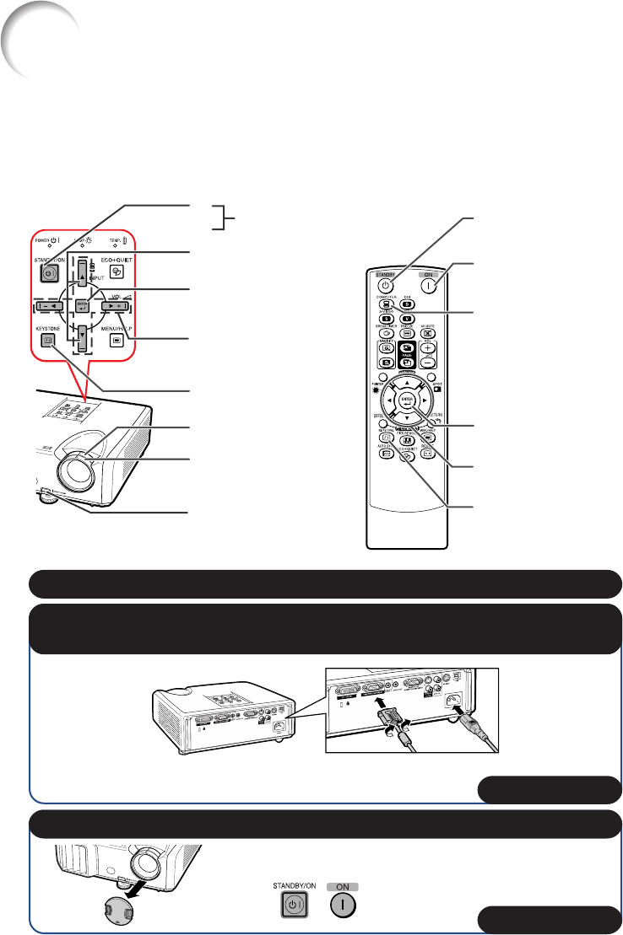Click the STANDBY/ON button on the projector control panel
point(48,273)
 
